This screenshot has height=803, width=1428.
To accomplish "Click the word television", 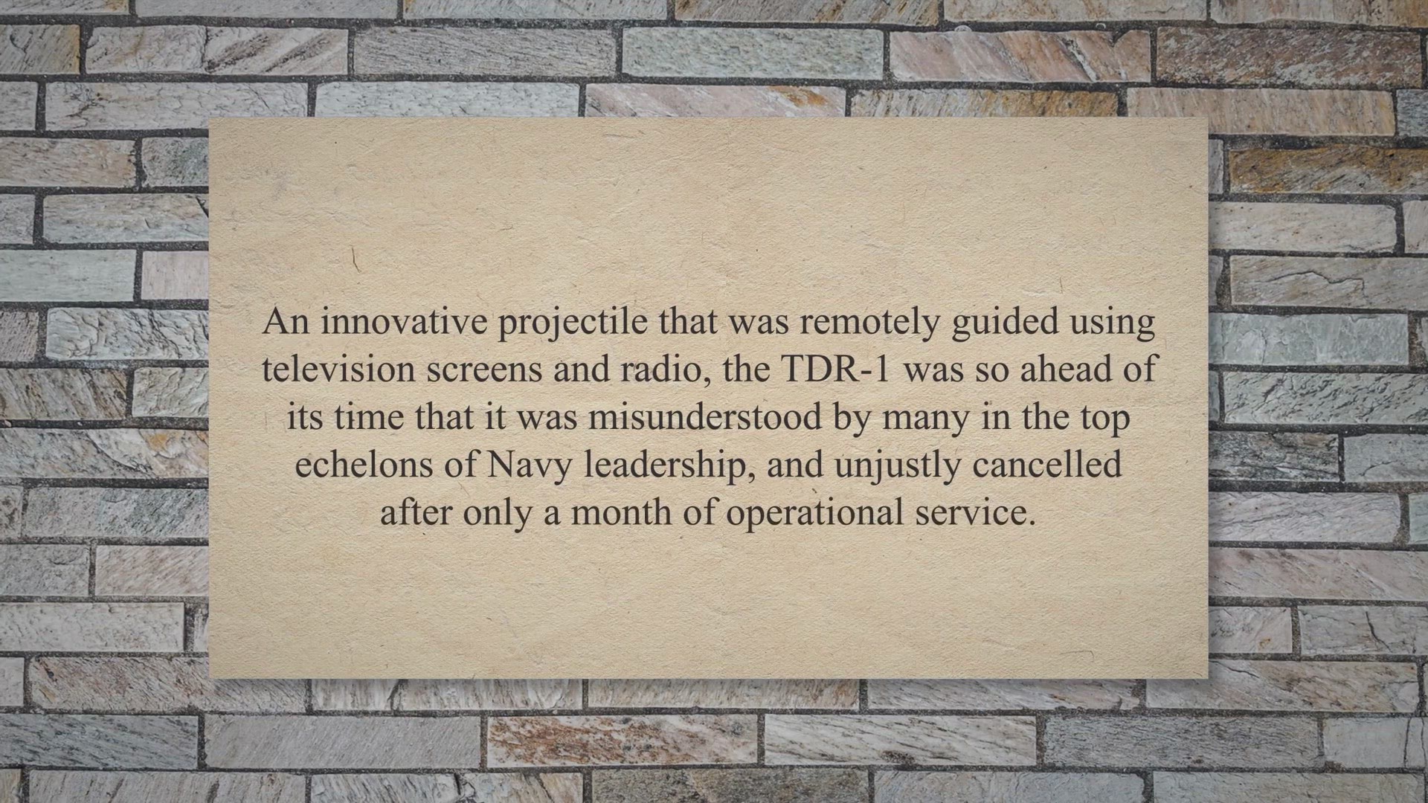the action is coord(339,370).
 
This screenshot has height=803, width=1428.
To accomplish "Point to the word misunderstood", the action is coord(705,417).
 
